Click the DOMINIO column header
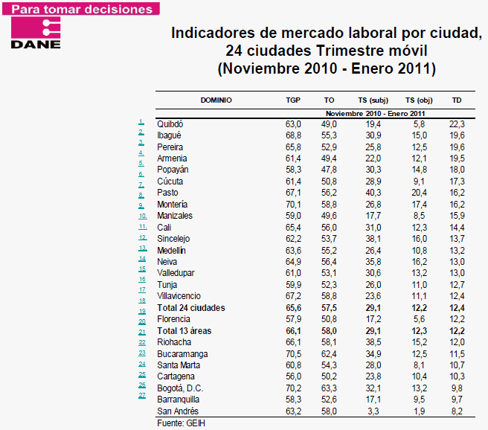click(216, 100)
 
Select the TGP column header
click(293, 100)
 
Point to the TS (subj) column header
click(373, 100)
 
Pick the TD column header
click(457, 100)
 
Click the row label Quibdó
click(170, 123)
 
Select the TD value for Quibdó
click(457, 123)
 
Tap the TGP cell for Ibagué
click(293, 135)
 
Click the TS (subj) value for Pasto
click(373, 193)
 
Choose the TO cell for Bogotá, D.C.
click(330, 388)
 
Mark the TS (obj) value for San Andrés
click(420, 411)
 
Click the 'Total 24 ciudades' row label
click(191, 307)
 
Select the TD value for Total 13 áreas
click(457, 330)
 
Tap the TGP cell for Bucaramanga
click(293, 353)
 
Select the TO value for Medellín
click(330, 250)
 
